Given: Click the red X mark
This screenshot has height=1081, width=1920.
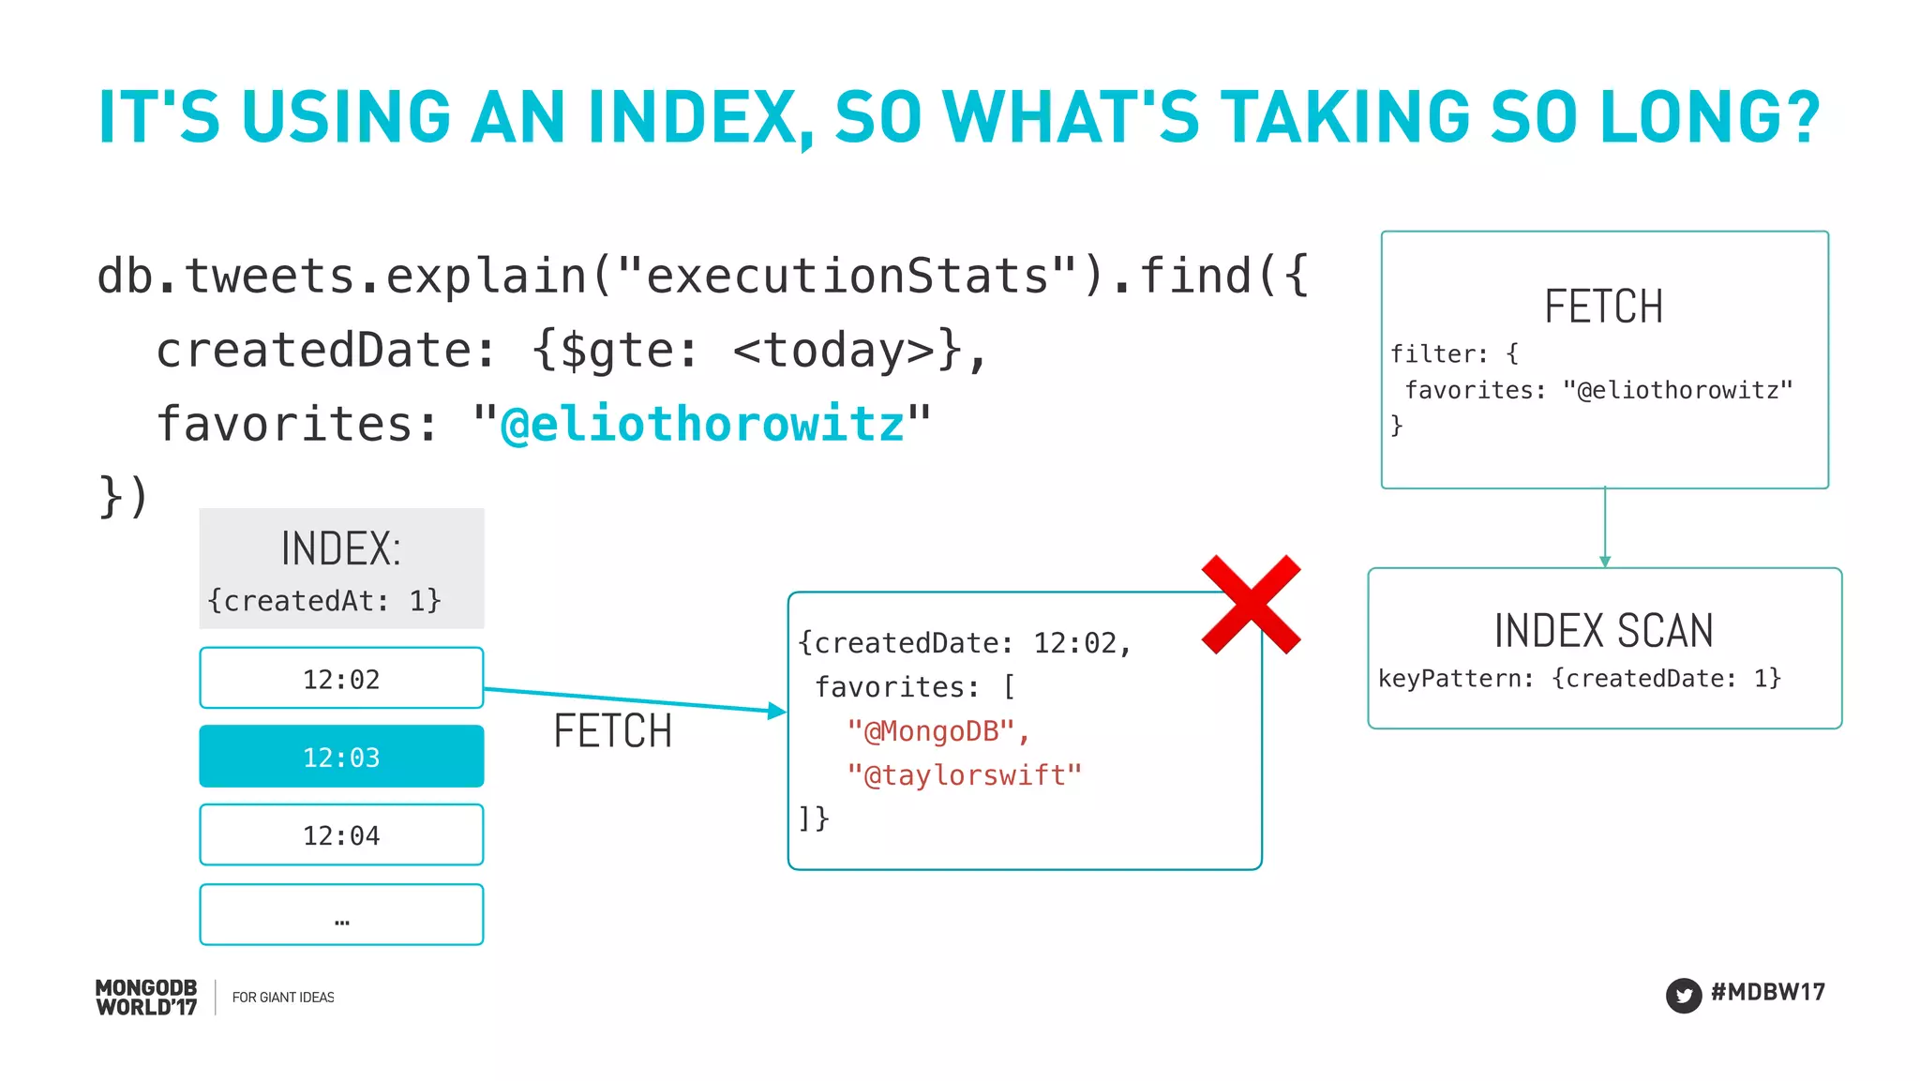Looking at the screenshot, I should pos(1251,604).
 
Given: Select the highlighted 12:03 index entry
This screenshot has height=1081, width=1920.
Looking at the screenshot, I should pos(341,757).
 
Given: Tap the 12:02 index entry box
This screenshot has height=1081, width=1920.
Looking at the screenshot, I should pos(341,678).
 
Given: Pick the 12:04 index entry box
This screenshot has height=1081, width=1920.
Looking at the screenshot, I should pos(341,834).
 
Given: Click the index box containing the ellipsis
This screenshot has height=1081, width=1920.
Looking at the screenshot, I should pos(341,914).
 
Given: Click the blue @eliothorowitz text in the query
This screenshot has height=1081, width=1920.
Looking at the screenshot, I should pos(702,424).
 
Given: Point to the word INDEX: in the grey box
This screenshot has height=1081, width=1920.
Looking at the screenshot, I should pos(341,548).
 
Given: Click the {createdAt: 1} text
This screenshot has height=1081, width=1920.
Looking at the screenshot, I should pos(324,600).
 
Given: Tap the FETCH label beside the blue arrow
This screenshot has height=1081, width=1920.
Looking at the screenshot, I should pos(613,731).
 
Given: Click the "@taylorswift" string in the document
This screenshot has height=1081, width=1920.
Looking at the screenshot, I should pos(964,775).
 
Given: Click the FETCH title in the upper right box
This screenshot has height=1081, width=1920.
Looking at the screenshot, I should pos(1603,307).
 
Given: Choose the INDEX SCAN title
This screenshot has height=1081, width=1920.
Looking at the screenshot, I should pos(1603,630).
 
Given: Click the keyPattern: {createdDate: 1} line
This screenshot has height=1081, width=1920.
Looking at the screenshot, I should pos(1579,678).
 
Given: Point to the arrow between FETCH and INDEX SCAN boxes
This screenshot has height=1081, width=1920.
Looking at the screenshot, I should pos(1605,527).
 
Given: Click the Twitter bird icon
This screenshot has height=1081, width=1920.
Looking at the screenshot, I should pos(1684,995).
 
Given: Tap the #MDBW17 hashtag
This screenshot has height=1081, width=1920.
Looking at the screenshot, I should pos(1767,992).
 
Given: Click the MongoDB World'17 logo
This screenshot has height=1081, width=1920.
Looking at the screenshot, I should pos(146,998).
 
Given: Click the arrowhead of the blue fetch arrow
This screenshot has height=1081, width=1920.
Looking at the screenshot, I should pos(776,711).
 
